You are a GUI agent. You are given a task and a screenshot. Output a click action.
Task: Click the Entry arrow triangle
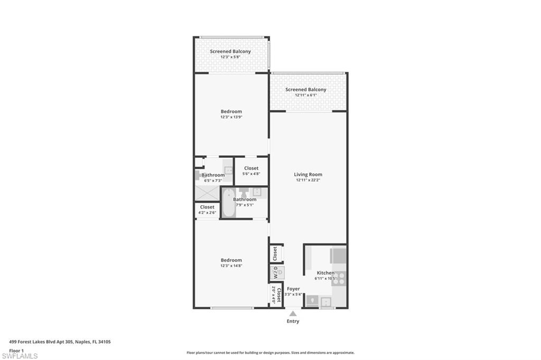(x=293, y=313)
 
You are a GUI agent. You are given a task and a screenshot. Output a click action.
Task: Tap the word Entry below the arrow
(x=293, y=321)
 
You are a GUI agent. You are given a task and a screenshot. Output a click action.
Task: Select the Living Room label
(x=308, y=174)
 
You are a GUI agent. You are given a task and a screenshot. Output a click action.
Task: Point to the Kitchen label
(x=325, y=273)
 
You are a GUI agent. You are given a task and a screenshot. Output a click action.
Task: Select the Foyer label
(x=293, y=289)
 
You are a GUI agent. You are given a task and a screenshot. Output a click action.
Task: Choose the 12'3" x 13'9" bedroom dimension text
(x=231, y=117)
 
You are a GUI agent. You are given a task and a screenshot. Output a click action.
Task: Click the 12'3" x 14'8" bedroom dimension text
(x=231, y=266)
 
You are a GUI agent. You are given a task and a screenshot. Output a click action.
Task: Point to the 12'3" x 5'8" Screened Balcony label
(x=230, y=51)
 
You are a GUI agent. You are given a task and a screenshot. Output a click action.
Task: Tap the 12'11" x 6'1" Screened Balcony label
(x=306, y=90)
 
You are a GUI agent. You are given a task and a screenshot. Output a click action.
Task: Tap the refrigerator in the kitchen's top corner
(x=338, y=255)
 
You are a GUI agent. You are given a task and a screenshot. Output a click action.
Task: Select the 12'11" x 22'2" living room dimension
(x=308, y=180)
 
